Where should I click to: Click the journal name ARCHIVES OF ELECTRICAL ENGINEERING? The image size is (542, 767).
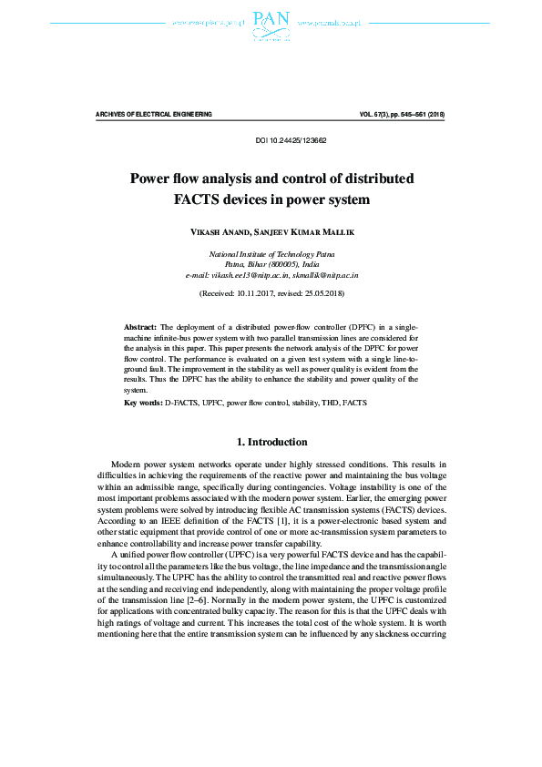[x=154, y=115]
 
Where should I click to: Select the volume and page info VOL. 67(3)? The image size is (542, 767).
[x=380, y=115]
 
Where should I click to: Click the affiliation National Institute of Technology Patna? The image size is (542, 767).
[x=271, y=253]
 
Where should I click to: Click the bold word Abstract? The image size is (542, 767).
[x=141, y=325]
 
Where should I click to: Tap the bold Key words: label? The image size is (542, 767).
[x=144, y=401]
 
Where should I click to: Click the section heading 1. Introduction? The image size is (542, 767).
[x=271, y=442]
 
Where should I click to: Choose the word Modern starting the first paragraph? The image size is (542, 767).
[x=126, y=465]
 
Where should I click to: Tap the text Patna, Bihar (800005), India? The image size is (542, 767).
[x=271, y=263]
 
